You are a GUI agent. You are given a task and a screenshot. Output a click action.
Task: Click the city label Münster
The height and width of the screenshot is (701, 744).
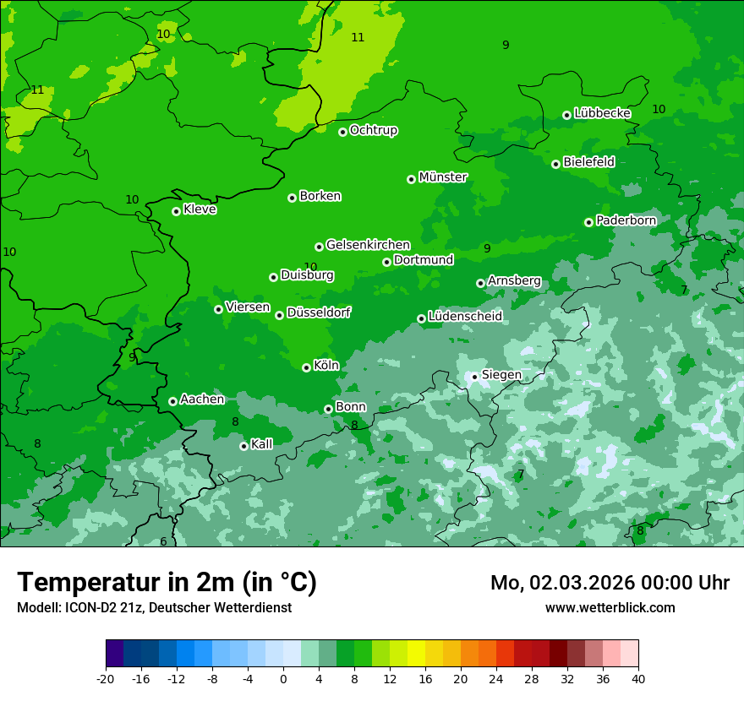pyautogui.click(x=443, y=177)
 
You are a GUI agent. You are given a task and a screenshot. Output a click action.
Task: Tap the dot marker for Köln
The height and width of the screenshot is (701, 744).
pyautogui.click(x=306, y=367)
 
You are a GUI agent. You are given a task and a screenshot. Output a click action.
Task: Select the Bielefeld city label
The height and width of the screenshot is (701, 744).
pyautogui.click(x=588, y=162)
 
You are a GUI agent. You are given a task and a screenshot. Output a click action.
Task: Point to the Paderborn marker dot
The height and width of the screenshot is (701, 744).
pyautogui.click(x=588, y=222)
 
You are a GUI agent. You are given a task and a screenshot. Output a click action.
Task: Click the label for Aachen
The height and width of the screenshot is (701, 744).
pyautogui.click(x=202, y=399)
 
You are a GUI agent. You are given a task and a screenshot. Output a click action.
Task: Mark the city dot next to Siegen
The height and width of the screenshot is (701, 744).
pyautogui.click(x=474, y=377)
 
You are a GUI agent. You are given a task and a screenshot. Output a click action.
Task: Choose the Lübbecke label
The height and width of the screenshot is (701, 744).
pyautogui.click(x=602, y=113)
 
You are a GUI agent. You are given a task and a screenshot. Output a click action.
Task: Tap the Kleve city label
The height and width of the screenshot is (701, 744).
pyautogui.click(x=200, y=209)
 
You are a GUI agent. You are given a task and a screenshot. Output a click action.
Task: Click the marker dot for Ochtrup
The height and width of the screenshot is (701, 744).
pyautogui.click(x=342, y=132)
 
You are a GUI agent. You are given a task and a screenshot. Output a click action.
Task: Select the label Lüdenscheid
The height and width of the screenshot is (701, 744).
pyautogui.click(x=465, y=317)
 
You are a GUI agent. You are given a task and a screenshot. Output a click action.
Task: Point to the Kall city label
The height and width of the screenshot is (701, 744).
pyautogui.click(x=262, y=444)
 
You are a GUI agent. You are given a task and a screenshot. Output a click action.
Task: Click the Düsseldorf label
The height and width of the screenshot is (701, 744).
pyautogui.click(x=319, y=312)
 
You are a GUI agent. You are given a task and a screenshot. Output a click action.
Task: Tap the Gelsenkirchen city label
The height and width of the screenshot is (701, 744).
pyautogui.click(x=368, y=245)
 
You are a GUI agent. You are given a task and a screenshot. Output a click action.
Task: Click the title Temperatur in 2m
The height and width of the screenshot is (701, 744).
pyautogui.click(x=167, y=582)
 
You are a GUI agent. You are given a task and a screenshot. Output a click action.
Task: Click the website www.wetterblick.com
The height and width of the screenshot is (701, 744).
pyautogui.click(x=610, y=608)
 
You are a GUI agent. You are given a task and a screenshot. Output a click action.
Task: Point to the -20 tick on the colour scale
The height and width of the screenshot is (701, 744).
pyautogui.click(x=106, y=678)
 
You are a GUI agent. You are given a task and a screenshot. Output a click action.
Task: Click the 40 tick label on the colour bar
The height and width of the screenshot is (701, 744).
pyautogui.click(x=638, y=678)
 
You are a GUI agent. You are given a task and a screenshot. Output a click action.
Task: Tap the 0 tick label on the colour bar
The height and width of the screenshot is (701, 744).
pyautogui.click(x=283, y=678)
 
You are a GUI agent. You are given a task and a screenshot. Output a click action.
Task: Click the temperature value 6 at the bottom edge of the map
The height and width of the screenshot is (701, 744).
pyautogui.click(x=163, y=541)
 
